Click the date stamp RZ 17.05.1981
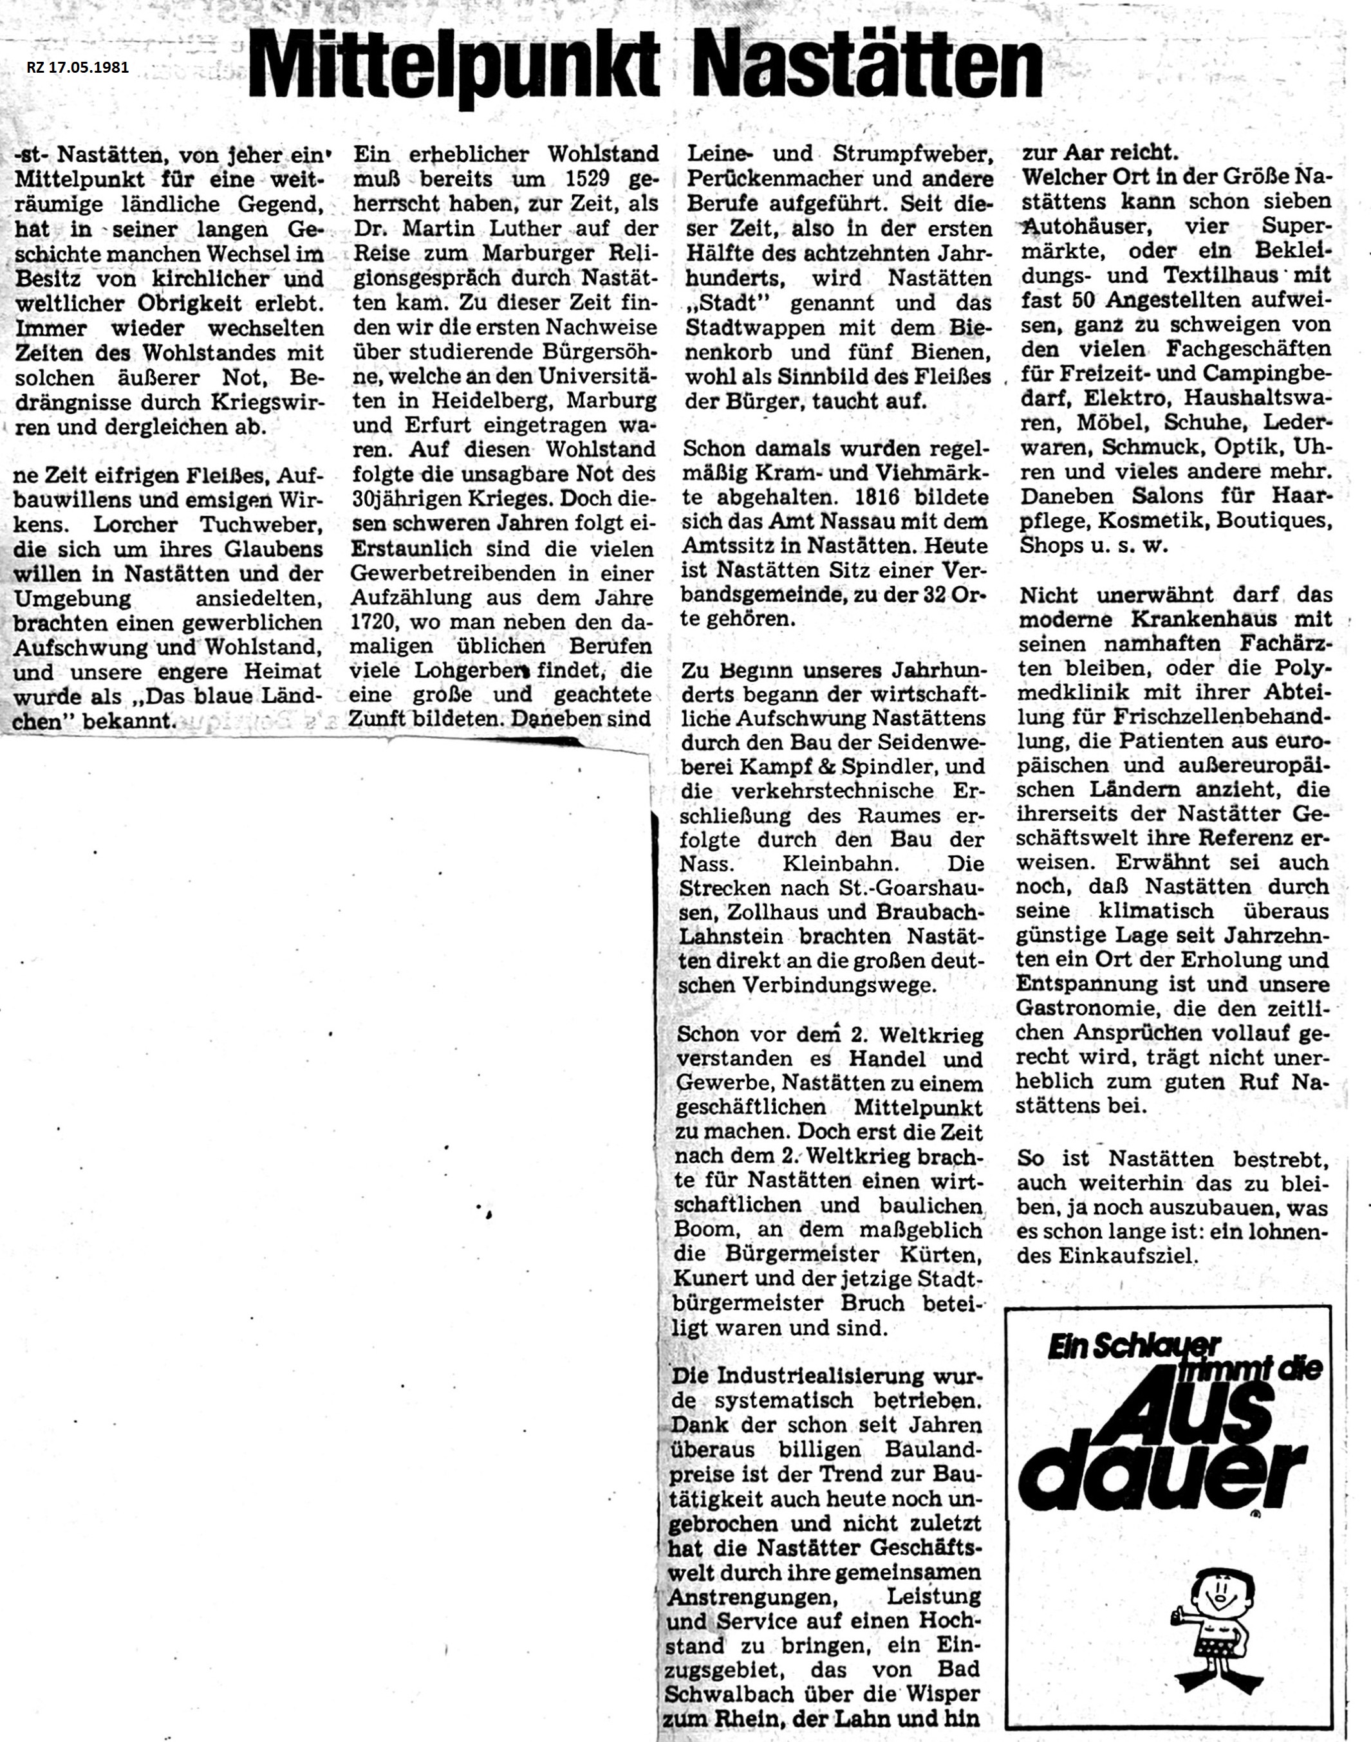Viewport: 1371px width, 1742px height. point(77,68)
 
